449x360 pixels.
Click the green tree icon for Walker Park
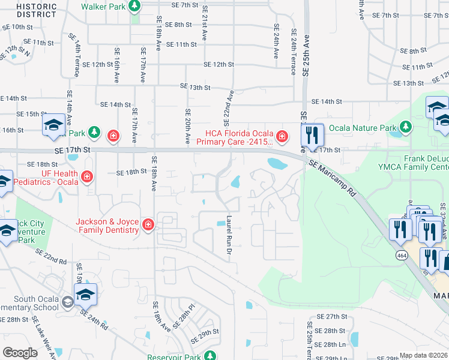pos(134,6)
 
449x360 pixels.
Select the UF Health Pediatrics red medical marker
pos(87,176)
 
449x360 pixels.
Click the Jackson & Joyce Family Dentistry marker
pos(148,225)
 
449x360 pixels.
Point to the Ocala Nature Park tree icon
pos(406,127)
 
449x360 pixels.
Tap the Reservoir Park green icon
pos(210,355)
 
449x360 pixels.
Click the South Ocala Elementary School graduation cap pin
pos(85,295)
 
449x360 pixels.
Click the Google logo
pos(20,353)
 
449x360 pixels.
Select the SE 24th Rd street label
pos(92,318)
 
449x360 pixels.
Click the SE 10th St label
pos(17,27)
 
